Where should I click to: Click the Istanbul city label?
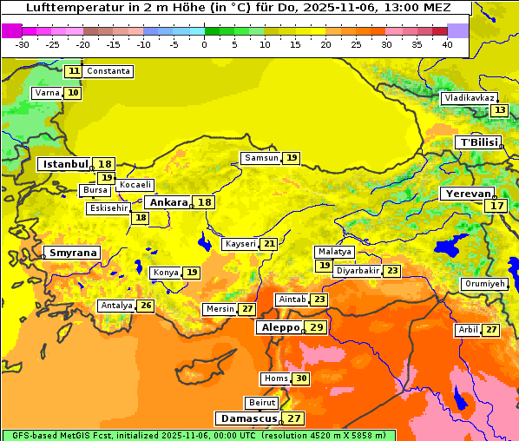coord(65,163)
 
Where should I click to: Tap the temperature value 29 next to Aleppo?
coord(316,327)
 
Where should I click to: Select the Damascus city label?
coord(248,418)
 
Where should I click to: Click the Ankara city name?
coord(168,201)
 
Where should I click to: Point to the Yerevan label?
coord(467,194)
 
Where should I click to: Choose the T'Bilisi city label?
coord(479,142)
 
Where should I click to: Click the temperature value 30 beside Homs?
coord(300,378)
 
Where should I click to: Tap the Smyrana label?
coord(72,253)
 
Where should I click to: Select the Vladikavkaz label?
coord(470,98)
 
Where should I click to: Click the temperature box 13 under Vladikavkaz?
coord(499,110)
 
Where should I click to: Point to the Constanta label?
coord(108,71)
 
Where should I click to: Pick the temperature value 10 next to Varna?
coord(73,93)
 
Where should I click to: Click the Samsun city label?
coord(260,158)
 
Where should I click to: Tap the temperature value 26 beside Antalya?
coord(146,306)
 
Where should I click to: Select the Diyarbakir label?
coord(357,271)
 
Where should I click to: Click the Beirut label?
coord(261,403)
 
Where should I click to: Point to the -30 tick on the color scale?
coord(22,44)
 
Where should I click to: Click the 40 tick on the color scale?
coord(447,44)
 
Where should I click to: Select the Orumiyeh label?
coord(483,284)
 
